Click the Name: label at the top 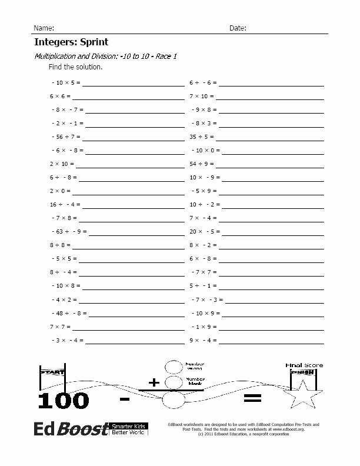click(44, 28)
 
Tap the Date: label click(238, 28)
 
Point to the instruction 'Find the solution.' click(75, 67)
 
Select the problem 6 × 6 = click(60, 96)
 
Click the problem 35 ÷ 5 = click(202, 137)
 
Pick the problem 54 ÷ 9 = click(202, 164)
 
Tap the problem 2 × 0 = click(60, 191)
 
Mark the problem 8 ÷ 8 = click(60, 245)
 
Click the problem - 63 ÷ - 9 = click(69, 231)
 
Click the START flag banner click(52, 371)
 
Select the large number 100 click(64, 401)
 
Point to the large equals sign click(251, 400)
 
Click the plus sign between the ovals click(154, 383)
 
